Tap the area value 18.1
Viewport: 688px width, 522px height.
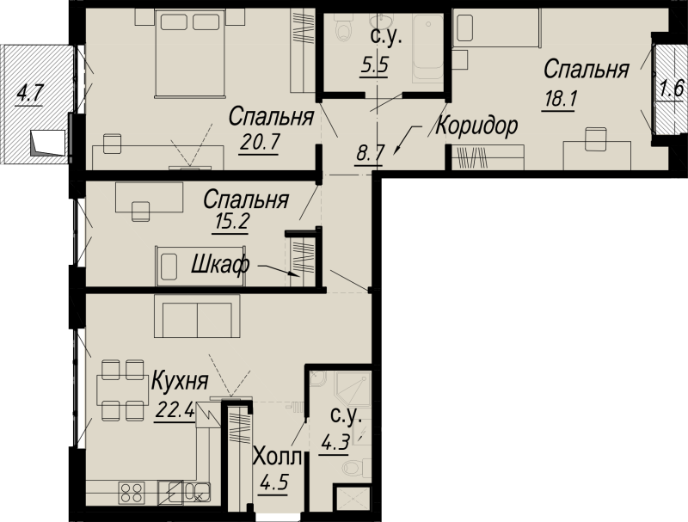click(558, 99)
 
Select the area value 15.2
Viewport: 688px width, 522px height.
click(231, 222)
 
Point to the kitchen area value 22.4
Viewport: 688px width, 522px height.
click(175, 411)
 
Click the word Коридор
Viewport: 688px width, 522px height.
click(476, 126)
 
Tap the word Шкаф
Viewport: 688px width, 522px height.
click(220, 265)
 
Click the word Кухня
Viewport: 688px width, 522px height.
click(180, 382)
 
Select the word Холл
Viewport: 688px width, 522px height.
click(278, 458)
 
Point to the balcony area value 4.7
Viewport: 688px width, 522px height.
click(28, 95)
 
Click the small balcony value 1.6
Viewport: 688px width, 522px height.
click(672, 89)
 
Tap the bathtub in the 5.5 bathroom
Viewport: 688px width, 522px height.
click(428, 47)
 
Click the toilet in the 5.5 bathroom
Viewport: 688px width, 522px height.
click(342, 26)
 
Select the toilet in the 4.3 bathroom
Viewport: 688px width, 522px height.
click(353, 466)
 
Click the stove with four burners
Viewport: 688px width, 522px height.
click(132, 493)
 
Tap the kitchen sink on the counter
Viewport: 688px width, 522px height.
click(197, 492)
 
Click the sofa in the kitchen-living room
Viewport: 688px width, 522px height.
click(197, 316)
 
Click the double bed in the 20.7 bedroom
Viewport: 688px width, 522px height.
click(190, 53)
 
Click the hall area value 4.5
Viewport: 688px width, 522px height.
click(273, 484)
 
